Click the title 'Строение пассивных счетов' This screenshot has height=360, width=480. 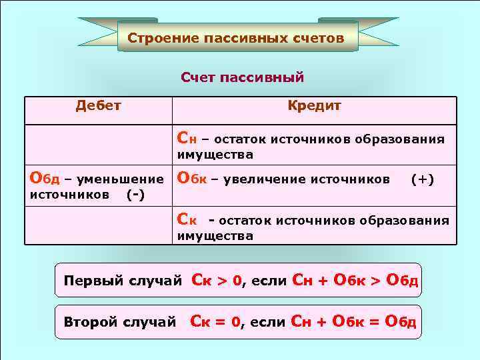[x=236, y=38]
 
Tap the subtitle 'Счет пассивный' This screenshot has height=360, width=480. [x=242, y=77]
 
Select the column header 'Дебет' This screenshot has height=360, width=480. [x=98, y=105]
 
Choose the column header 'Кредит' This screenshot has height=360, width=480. [x=314, y=105]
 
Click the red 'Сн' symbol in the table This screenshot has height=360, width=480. [x=186, y=139]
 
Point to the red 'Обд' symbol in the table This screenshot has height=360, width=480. [x=45, y=179]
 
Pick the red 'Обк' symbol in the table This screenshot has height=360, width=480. [x=191, y=179]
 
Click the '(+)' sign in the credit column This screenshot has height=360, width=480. [x=423, y=179]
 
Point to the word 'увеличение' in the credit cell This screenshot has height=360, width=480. [x=266, y=179]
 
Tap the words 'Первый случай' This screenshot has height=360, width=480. [x=122, y=281]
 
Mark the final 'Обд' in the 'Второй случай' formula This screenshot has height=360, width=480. [x=402, y=323]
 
